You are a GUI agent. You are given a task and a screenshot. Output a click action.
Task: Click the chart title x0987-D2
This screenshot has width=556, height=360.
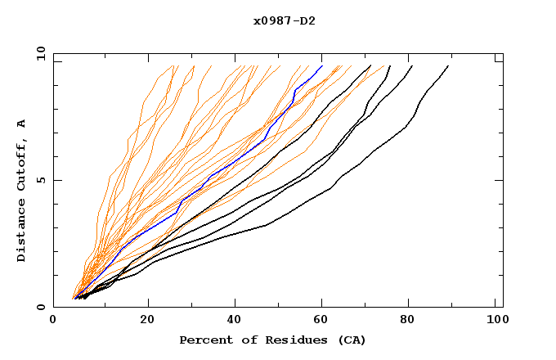point(284,20)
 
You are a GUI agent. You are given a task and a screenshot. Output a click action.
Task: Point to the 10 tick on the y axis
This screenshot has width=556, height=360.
point(40,53)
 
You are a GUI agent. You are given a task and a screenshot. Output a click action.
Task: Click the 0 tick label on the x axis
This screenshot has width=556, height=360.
point(53,322)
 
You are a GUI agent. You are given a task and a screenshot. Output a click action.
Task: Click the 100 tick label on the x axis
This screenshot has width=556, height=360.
point(495,322)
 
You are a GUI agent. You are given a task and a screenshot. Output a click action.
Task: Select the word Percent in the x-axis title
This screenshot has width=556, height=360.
point(204,340)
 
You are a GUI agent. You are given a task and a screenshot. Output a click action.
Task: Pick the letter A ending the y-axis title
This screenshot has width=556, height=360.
point(22,123)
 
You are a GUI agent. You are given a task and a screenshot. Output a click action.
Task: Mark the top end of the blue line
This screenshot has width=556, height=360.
point(322,66)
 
